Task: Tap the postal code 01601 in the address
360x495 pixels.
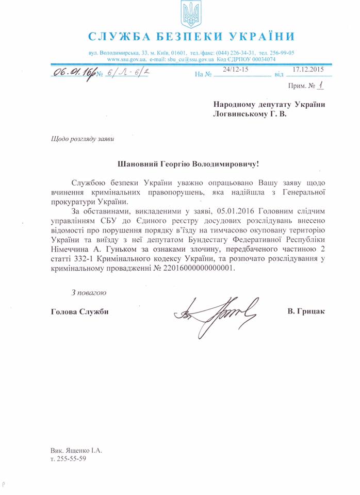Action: click(x=179, y=53)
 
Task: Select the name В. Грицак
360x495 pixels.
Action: click(x=307, y=312)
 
